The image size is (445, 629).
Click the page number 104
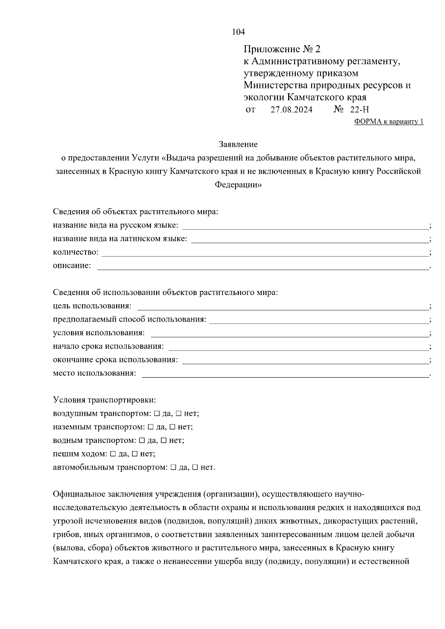click(x=238, y=32)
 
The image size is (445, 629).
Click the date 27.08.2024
click(x=291, y=110)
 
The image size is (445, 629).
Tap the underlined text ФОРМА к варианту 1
click(x=389, y=122)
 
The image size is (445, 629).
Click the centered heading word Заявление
click(x=238, y=144)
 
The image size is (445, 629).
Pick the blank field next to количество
click(x=265, y=253)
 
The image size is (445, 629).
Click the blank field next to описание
click(x=263, y=267)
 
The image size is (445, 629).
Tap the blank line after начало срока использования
click(x=298, y=347)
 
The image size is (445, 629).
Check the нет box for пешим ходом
click(x=135, y=454)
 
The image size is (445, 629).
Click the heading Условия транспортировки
click(x=105, y=400)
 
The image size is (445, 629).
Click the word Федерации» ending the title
click(x=238, y=185)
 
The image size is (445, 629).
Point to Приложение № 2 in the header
click(x=281, y=49)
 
